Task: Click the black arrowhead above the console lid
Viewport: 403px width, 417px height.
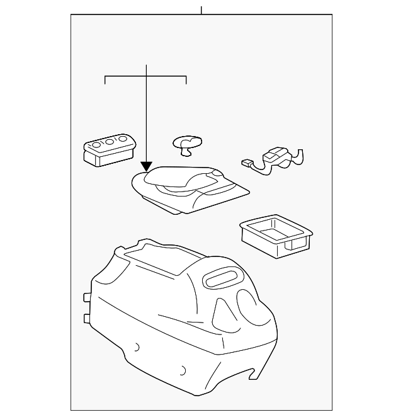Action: pos(146,166)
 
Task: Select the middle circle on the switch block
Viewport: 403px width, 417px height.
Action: pos(108,143)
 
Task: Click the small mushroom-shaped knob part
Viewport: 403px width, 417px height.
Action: pos(185,144)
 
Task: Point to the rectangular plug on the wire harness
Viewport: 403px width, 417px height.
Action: pos(246,163)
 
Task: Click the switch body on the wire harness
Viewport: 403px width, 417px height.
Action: pos(276,156)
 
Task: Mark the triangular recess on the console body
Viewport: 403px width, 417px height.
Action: pos(222,309)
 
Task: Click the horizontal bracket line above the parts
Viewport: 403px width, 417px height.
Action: pos(145,77)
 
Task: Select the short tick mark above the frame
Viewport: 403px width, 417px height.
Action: pos(201,10)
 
